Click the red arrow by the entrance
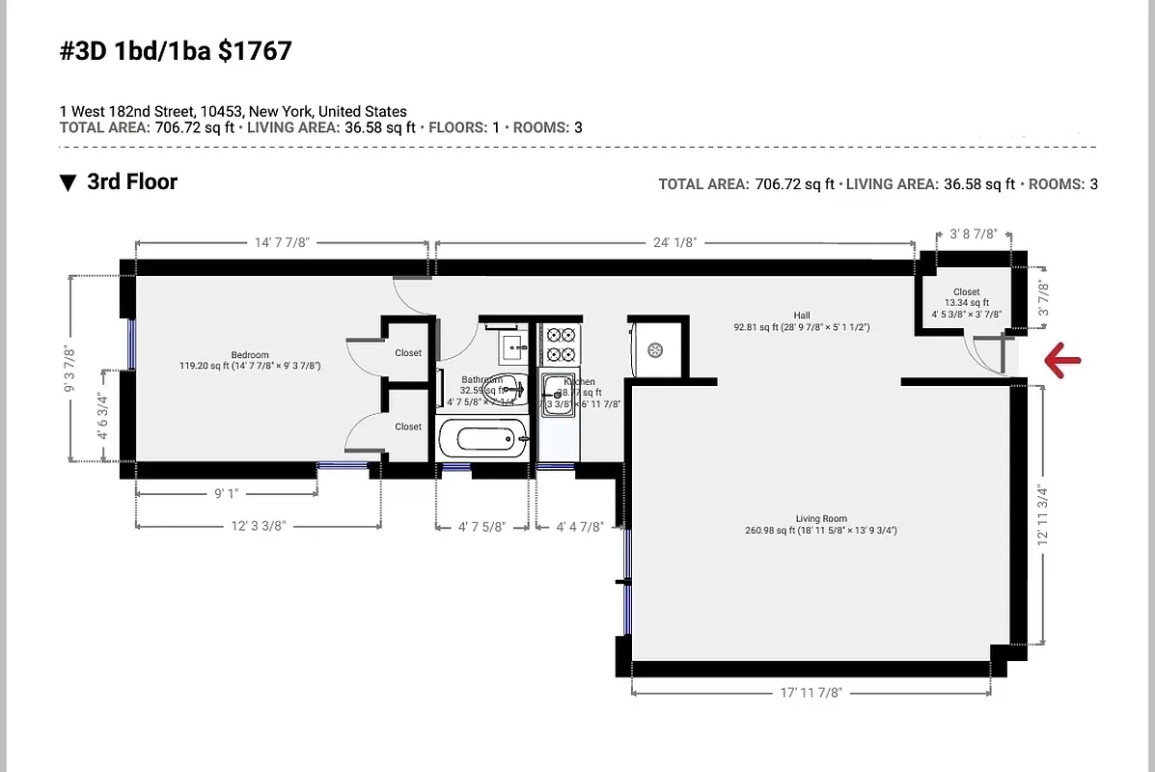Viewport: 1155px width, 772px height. (x=1062, y=361)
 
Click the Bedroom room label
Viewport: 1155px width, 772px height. (x=250, y=354)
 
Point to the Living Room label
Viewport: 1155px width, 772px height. (x=821, y=519)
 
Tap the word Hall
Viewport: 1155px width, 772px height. (x=802, y=315)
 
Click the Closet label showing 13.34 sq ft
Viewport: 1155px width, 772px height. (x=966, y=291)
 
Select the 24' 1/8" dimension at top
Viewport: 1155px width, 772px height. (x=674, y=243)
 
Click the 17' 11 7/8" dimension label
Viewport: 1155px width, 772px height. (x=811, y=692)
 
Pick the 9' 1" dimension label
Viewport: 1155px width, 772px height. (x=226, y=493)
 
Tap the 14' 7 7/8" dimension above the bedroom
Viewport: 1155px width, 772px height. (x=282, y=243)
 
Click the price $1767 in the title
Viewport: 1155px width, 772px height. (x=255, y=51)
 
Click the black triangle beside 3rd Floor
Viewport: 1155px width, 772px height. (x=68, y=182)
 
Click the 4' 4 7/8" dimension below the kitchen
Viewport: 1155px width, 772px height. (x=580, y=527)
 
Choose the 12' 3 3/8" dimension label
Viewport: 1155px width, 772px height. (x=258, y=526)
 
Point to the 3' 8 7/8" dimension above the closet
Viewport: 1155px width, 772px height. (x=973, y=234)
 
